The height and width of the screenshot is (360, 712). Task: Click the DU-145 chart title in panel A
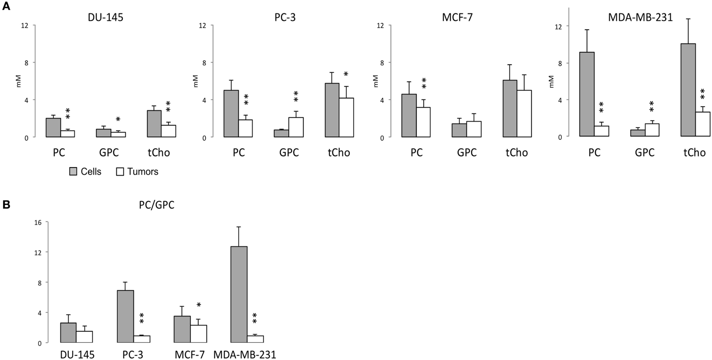[106, 18]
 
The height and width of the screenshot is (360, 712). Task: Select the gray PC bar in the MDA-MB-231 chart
[587, 94]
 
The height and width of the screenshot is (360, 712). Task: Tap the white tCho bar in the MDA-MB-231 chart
[703, 124]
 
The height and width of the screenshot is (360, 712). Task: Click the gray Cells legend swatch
[73, 172]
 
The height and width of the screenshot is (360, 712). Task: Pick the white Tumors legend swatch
[120, 172]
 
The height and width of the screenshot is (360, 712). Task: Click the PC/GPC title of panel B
[157, 205]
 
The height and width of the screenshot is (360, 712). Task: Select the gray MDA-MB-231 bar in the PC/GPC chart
[239, 294]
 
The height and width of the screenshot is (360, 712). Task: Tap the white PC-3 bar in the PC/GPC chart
[142, 339]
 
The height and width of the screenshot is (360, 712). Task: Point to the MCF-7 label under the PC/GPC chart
[190, 354]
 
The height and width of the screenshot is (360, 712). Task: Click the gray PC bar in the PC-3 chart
[231, 114]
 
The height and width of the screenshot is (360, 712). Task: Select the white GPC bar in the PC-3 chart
[296, 127]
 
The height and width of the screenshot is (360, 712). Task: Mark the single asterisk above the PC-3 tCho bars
[346, 74]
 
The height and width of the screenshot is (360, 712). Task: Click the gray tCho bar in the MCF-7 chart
[509, 108]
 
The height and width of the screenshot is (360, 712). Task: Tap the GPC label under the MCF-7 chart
[466, 153]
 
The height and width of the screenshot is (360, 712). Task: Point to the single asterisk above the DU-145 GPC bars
[118, 119]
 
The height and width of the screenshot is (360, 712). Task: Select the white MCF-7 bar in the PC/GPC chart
[199, 334]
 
